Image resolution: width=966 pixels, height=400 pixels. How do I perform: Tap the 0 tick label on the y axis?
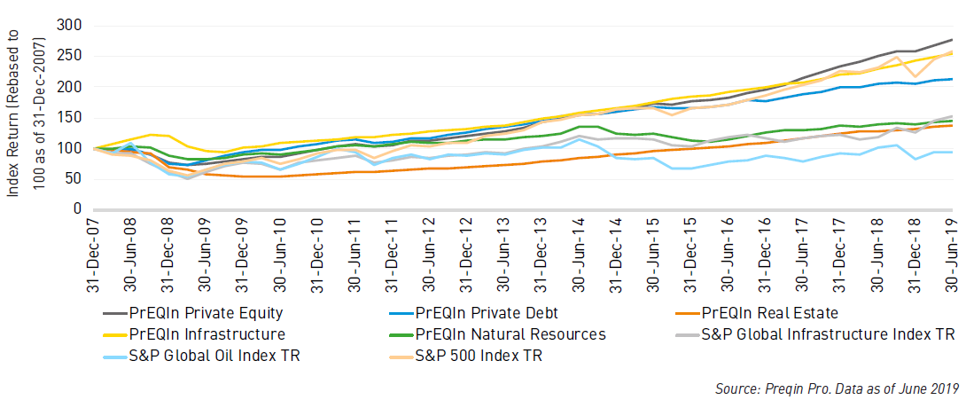click(77, 209)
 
